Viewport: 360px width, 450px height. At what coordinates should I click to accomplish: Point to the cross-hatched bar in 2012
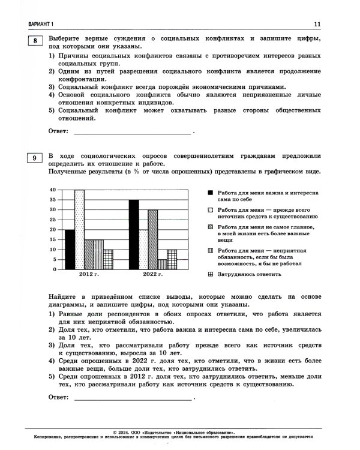[108, 259]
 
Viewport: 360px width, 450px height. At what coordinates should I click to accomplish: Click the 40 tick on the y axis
[53, 190]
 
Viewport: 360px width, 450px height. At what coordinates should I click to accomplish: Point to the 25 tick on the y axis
[53, 220]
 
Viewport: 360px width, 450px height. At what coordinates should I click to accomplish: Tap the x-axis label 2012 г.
[88, 274]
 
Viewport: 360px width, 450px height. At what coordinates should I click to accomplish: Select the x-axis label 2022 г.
[152, 274]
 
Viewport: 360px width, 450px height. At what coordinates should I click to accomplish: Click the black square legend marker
[210, 193]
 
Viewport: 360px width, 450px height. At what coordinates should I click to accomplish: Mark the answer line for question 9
[132, 398]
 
